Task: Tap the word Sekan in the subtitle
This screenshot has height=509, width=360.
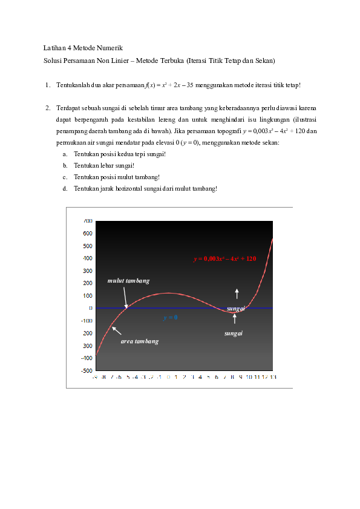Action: coord(264,61)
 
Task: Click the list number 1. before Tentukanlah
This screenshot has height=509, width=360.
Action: coord(47,85)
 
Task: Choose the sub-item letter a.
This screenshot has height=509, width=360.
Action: coord(65,154)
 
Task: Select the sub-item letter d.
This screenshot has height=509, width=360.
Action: coord(65,188)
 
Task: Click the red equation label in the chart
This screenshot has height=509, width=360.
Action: coord(225,259)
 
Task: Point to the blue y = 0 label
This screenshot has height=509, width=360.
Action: coord(170,317)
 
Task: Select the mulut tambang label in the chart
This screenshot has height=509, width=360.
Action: coord(128,281)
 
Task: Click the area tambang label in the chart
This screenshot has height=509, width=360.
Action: coord(139,341)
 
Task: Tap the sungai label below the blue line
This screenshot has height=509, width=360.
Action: coord(233,333)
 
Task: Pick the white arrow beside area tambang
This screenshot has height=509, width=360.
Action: coord(116,330)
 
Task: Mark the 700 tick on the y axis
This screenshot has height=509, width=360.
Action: coord(88,221)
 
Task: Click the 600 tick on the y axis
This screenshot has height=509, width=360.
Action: coord(88,234)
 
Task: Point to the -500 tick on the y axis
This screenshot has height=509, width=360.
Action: coord(87,370)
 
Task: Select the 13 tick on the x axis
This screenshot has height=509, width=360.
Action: coord(273,377)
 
